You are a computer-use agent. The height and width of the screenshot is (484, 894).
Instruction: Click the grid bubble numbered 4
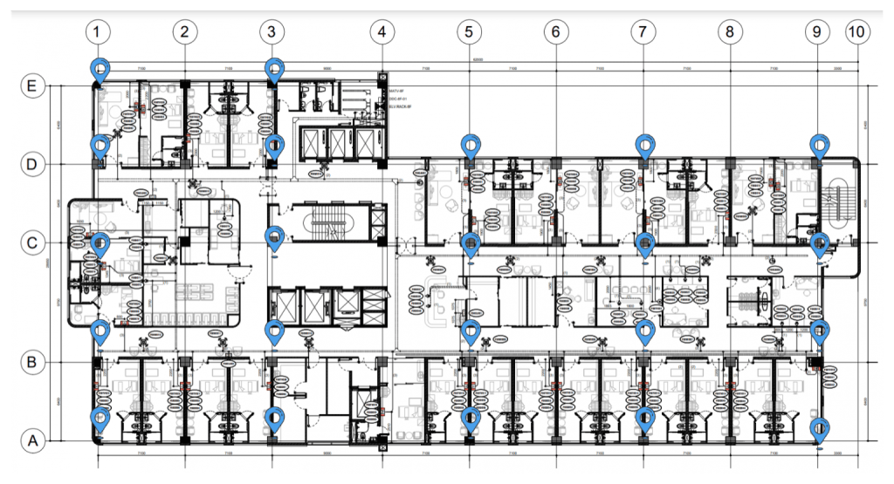[382, 32]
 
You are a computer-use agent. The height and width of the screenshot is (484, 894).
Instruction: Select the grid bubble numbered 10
[857, 32]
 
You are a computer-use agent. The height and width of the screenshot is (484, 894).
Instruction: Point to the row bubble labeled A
[32, 441]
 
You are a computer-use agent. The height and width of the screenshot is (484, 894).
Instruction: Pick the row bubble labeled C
[32, 242]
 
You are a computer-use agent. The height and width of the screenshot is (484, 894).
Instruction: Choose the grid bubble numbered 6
[555, 32]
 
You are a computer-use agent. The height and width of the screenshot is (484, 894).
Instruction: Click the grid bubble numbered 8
[729, 32]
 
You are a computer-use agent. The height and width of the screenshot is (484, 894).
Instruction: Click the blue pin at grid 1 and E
[100, 69]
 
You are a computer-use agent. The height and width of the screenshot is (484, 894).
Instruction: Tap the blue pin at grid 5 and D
[471, 144]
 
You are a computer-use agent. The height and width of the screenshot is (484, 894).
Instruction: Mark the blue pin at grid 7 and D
[644, 144]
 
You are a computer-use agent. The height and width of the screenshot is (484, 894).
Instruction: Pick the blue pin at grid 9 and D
[818, 144]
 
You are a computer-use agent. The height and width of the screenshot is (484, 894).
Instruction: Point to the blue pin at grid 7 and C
[644, 242]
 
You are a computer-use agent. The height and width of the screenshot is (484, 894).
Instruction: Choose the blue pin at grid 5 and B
[471, 330]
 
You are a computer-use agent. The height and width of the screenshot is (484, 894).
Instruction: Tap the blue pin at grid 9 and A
[819, 428]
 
